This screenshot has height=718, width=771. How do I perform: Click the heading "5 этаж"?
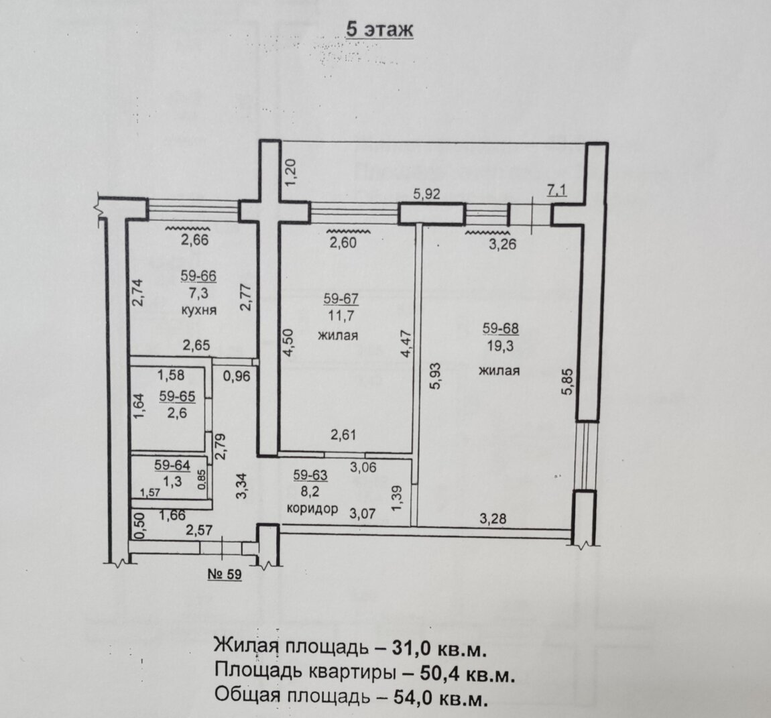coord(379,29)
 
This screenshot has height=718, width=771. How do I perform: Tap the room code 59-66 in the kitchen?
coord(198,276)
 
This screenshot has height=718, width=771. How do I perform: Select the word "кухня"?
coord(198,310)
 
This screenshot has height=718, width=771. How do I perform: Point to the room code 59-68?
coord(501,328)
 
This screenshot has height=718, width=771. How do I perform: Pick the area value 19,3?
coord(501,346)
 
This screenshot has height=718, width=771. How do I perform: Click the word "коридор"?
coord(312,508)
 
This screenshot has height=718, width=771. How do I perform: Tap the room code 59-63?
coord(310,475)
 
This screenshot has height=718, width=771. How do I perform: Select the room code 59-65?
coord(177,396)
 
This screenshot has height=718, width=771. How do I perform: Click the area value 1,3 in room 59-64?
coord(172,481)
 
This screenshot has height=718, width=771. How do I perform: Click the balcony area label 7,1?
coord(556,190)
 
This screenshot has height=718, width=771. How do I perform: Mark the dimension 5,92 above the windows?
coord(426,194)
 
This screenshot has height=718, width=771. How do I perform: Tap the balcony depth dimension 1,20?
coord(290,172)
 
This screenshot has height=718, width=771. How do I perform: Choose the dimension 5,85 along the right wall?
coord(568,382)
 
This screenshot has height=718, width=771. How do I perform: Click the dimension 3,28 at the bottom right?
coord(493,518)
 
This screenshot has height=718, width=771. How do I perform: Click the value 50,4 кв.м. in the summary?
coord(467,673)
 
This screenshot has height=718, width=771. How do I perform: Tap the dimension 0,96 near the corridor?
coord(237,377)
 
